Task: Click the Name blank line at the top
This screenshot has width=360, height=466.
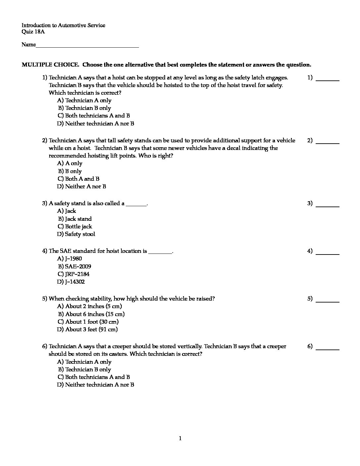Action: pyautogui.click(x=87, y=46)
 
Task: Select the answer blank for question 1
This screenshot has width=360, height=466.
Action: pyautogui.click(x=328, y=79)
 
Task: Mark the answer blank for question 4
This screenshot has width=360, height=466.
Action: pyautogui.click(x=328, y=253)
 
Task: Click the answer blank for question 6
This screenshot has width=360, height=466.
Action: pyautogui.click(x=328, y=348)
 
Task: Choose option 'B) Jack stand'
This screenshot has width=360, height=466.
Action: pyautogui.click(x=75, y=219)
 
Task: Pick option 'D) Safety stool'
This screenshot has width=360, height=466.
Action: pyautogui.click(x=76, y=234)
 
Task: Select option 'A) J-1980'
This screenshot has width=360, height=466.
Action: pyautogui.click(x=69, y=258)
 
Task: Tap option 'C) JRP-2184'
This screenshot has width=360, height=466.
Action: pyautogui.click(x=73, y=274)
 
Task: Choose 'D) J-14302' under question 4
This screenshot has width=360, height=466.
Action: pyautogui.click(x=71, y=282)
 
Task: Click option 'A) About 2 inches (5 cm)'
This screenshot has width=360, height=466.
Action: pyautogui.click(x=89, y=306)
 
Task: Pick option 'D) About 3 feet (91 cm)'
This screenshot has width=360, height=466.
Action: pyautogui.click(x=87, y=329)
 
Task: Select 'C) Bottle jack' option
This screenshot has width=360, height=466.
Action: pyautogui.click(x=75, y=226)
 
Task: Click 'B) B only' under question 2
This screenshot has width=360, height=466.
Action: pyautogui.click(x=70, y=171)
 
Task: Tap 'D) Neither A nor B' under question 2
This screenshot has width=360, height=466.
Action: pyautogui.click(x=81, y=186)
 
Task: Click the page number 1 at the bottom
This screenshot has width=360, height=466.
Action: pyautogui.click(x=180, y=439)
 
